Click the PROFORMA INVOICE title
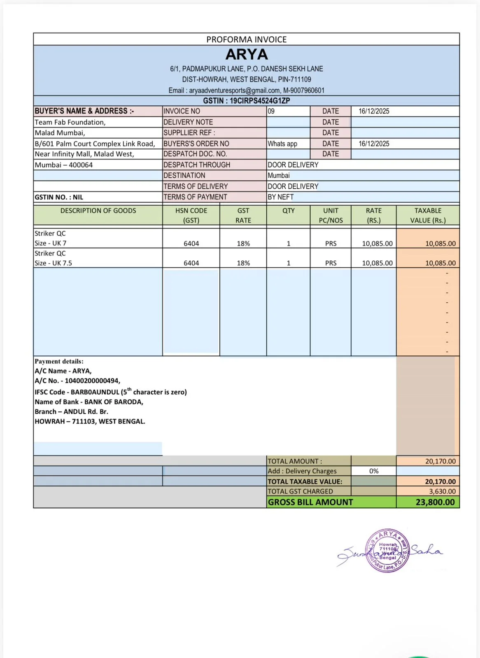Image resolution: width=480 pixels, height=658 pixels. [x=246, y=39]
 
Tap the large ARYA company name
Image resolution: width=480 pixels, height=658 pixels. [x=247, y=54]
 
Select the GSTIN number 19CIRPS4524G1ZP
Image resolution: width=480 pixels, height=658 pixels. [x=260, y=101]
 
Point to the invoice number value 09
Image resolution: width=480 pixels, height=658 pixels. [x=271, y=111]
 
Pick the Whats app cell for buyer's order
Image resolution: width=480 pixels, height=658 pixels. [x=282, y=144]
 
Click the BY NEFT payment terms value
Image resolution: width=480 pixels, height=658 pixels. [x=281, y=197]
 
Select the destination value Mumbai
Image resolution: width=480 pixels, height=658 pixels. [x=279, y=175]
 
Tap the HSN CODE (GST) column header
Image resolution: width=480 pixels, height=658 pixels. [x=191, y=215]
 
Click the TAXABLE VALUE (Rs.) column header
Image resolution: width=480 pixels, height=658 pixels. [x=428, y=215]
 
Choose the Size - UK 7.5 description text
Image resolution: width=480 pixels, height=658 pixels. [x=53, y=263]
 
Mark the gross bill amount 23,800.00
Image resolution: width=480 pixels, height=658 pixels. [x=435, y=502]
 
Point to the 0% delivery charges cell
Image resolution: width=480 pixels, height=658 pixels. [x=373, y=471]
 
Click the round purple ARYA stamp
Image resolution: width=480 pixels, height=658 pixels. [x=388, y=551]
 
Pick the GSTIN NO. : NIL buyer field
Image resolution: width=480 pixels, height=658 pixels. [x=59, y=197]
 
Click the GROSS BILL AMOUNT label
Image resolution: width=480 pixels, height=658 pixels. [x=310, y=502]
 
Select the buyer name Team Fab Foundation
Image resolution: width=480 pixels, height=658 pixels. [x=70, y=122]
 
